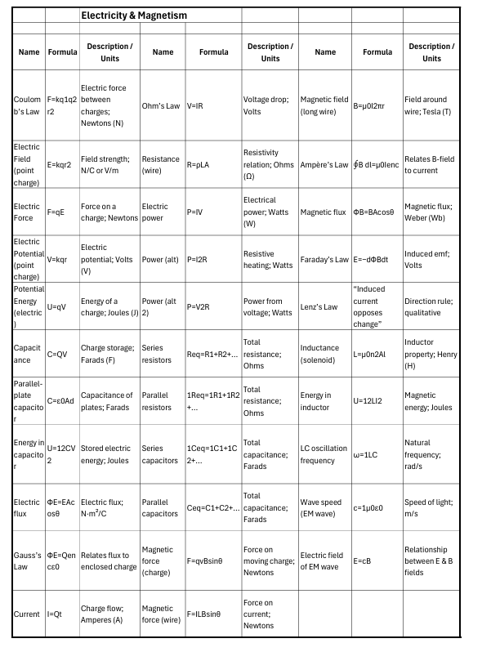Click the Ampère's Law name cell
[x=324, y=164]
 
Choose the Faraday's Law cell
[x=324, y=260]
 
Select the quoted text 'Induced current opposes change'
[x=377, y=306]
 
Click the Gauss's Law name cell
[x=27, y=561]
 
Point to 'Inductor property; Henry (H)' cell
[x=431, y=354]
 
